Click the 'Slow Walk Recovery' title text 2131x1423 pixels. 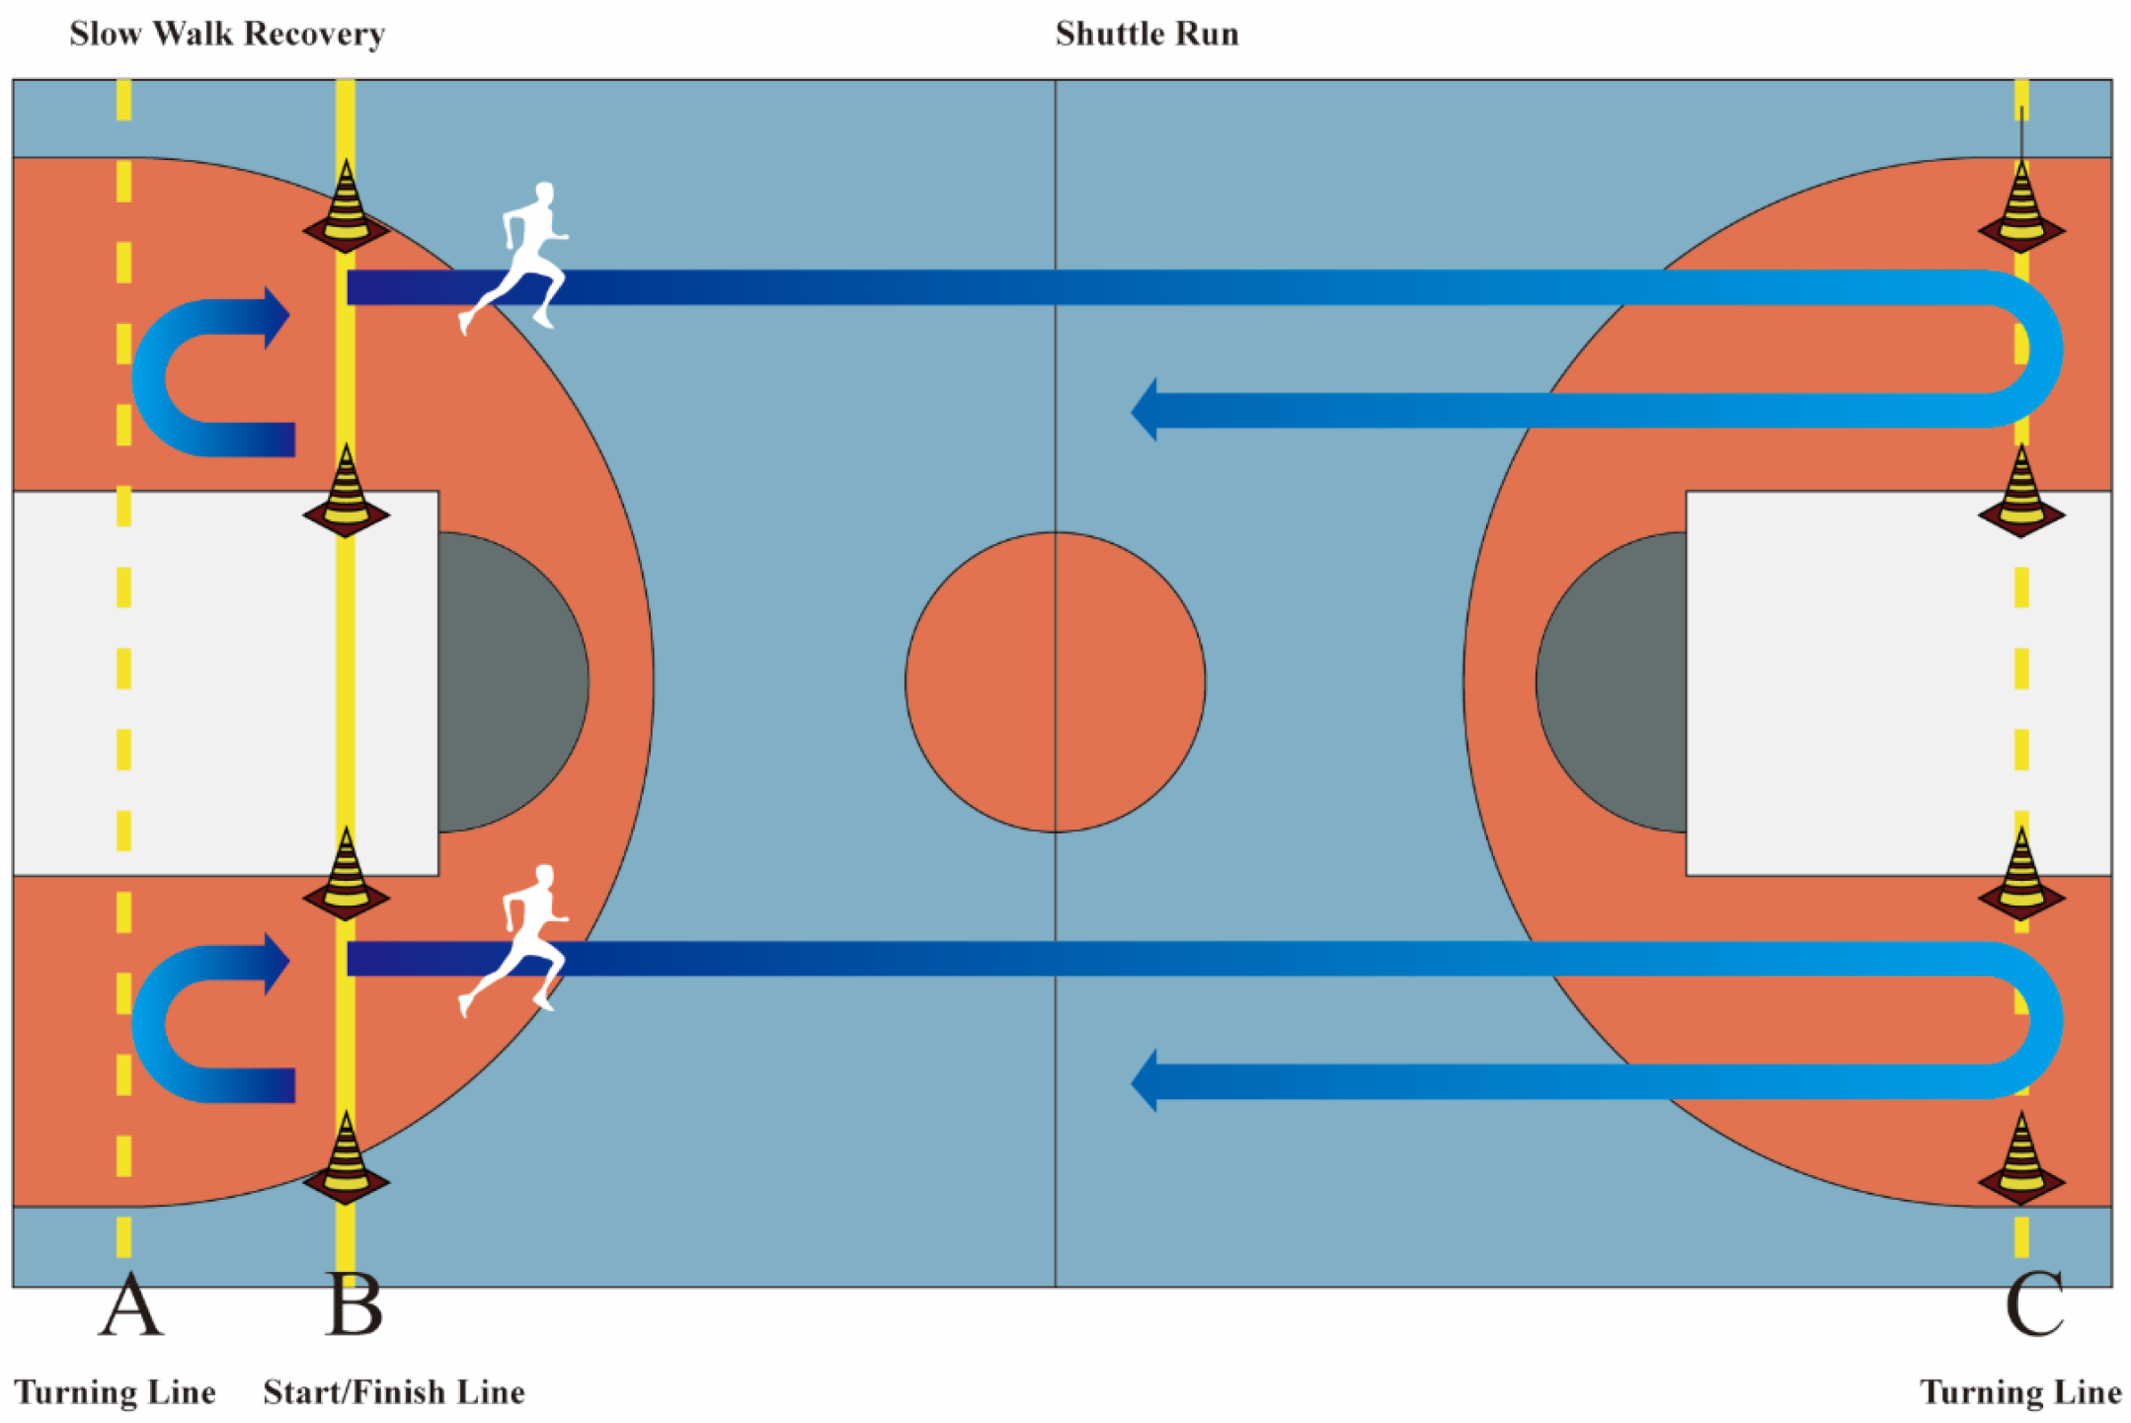coord(226,35)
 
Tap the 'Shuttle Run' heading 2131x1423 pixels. coord(1146,35)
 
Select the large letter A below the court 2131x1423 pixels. coord(130,1304)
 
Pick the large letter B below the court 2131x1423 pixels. coord(354,1304)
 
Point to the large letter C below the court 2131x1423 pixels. coord(2034,1304)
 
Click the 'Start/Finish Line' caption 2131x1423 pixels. coord(394,1392)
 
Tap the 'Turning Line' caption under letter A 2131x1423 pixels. coord(115,1392)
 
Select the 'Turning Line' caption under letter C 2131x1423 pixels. coord(2020,1392)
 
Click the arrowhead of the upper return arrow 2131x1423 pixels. coord(1145,410)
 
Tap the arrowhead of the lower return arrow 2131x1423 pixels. coord(1145,1081)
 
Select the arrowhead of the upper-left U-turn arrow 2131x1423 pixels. coord(276,317)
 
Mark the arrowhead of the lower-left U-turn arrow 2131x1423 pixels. coord(276,962)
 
